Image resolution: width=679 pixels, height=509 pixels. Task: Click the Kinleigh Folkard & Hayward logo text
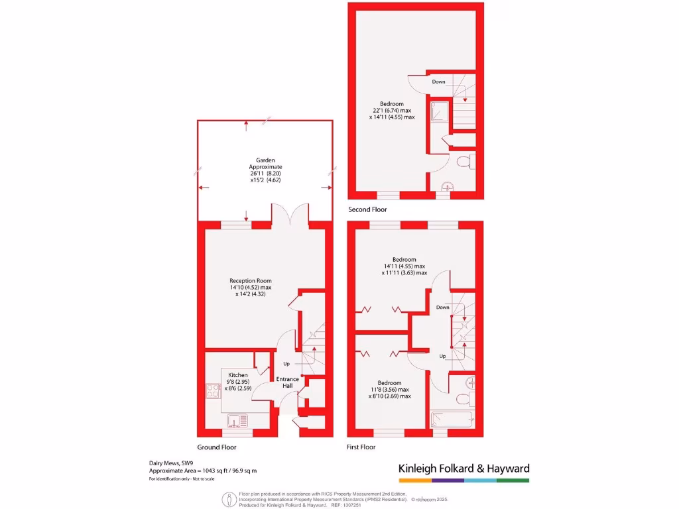463,469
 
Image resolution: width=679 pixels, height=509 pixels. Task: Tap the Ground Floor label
217,447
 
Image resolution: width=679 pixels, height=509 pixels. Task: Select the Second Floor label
367,209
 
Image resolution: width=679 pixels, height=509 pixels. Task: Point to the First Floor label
361,447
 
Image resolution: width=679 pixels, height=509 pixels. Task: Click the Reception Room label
251,280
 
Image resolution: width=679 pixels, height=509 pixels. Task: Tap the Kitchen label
238,375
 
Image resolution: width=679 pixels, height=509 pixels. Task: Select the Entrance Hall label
287,382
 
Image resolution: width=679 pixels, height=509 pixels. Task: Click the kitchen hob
214,391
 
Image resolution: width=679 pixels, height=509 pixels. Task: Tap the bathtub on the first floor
452,420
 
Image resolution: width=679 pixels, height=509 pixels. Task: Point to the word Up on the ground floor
286,364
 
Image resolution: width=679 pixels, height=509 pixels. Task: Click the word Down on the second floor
438,82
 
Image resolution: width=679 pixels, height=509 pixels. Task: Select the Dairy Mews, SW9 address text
170,463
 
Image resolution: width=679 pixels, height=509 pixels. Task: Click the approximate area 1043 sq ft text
202,471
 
